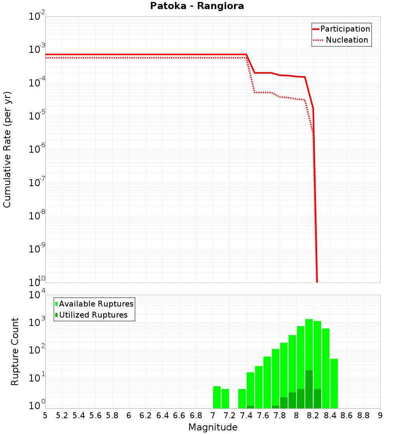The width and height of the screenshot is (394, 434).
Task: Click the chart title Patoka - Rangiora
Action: pos(197,6)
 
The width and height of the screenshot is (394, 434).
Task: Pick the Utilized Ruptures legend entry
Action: pos(93,315)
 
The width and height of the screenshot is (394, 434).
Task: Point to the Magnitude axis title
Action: pos(213,427)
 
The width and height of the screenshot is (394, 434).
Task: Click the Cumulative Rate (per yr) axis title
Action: pos(7,150)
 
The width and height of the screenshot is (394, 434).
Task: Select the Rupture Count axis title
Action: pos(15,352)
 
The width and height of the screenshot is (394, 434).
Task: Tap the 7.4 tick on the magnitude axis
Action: pos(246,415)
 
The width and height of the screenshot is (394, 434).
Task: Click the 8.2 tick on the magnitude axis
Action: pos(313,415)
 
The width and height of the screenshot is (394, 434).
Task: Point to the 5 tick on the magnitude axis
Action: pos(45,415)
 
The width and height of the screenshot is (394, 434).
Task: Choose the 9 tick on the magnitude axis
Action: pos(380,415)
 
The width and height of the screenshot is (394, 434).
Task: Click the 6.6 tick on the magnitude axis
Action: pos(179,415)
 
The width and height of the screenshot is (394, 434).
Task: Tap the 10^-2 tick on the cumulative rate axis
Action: pos(37,17)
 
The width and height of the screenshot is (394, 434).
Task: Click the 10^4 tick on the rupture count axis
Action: pos(37,296)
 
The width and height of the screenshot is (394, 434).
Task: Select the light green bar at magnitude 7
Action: pos(217,397)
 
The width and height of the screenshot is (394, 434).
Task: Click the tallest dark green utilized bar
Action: pos(309,389)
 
